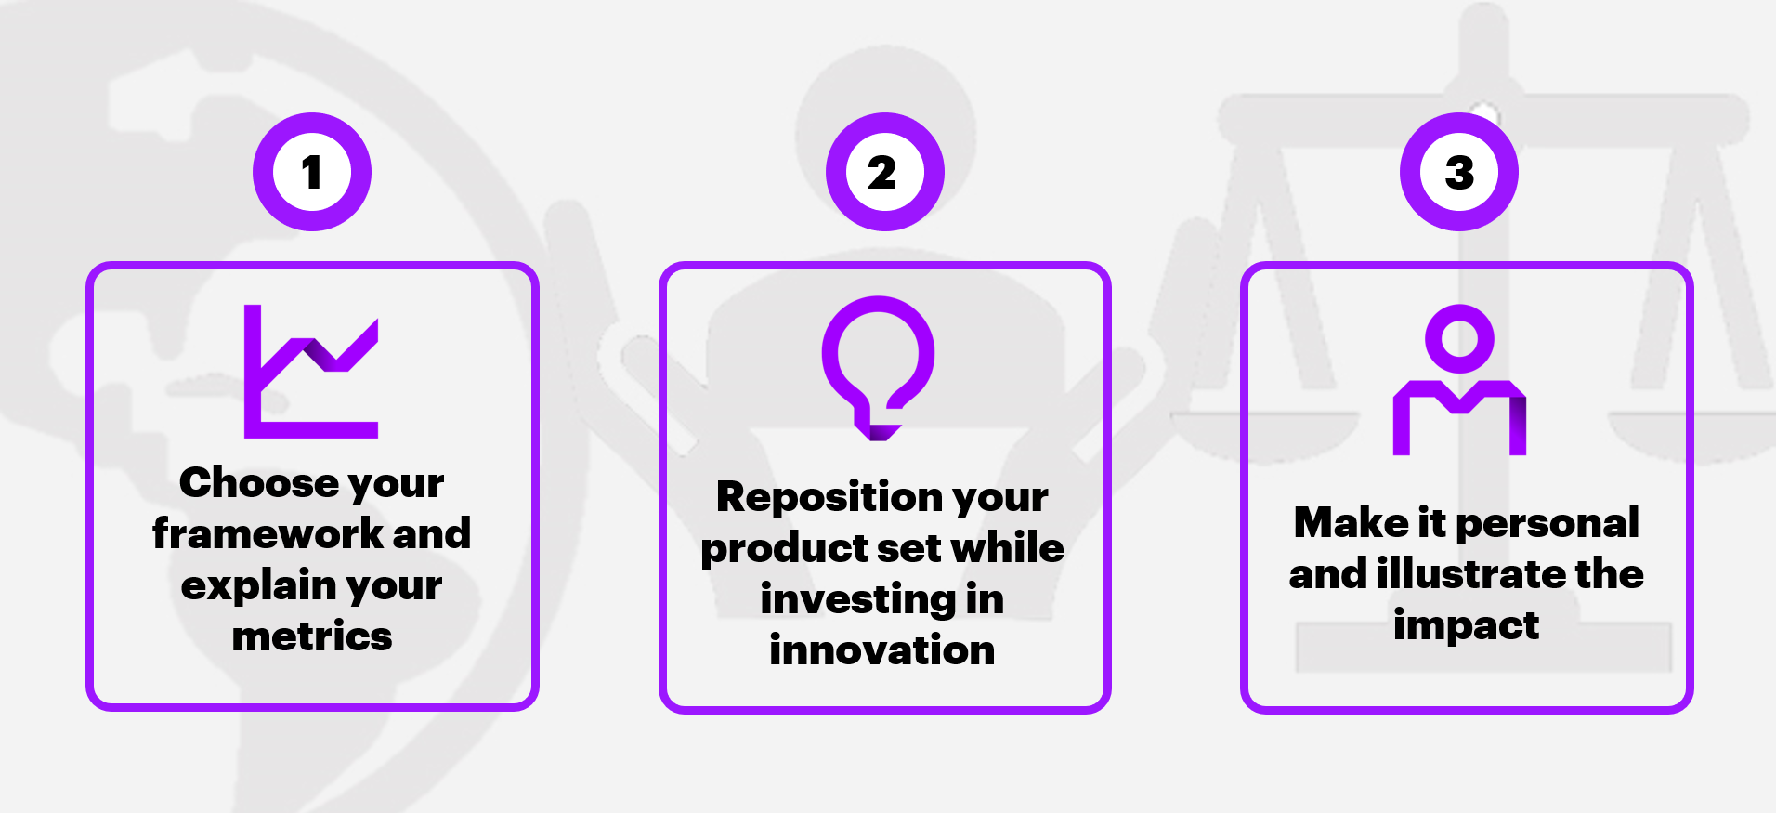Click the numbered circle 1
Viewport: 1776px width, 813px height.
[312, 172]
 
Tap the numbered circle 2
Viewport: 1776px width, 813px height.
[885, 172]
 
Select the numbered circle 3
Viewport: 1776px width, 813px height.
[1459, 172]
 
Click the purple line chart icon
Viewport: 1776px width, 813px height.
[311, 371]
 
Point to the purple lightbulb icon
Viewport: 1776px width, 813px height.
[878, 368]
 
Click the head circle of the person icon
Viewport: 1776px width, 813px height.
[1459, 338]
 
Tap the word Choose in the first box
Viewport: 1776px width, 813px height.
[259, 482]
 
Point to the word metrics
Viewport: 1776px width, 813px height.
[312, 636]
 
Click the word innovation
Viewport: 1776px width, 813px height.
[882, 650]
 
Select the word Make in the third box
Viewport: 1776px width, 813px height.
[1352, 522]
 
